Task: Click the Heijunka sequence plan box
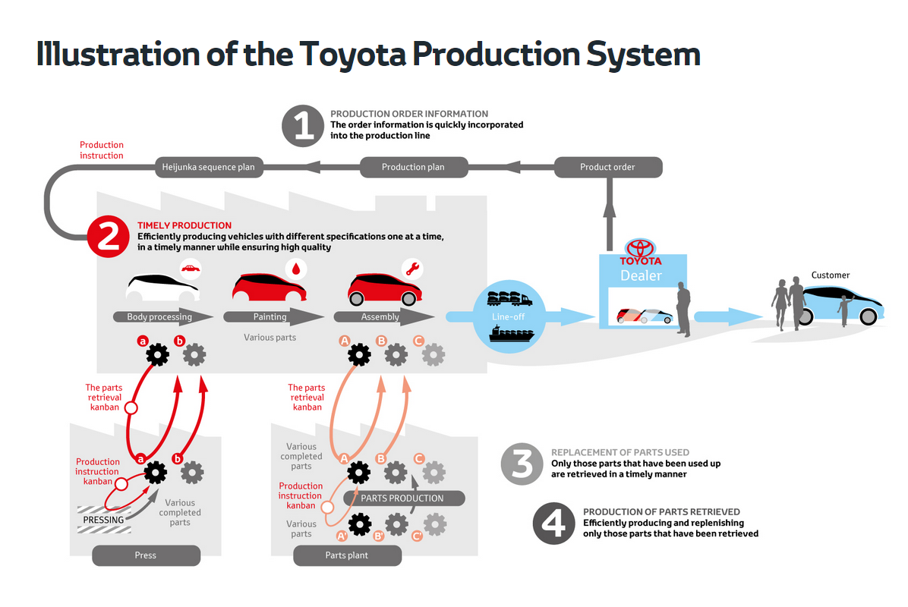(209, 167)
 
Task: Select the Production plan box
(413, 167)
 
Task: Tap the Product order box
(607, 167)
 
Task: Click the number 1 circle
(304, 125)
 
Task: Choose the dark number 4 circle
(554, 523)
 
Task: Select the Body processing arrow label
(159, 317)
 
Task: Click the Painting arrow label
(270, 317)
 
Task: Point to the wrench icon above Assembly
(413, 269)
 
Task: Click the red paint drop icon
(295, 269)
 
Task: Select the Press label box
(146, 555)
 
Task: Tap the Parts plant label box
(347, 555)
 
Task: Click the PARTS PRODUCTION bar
(402, 498)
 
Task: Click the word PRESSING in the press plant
(103, 520)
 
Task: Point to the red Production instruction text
(102, 150)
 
